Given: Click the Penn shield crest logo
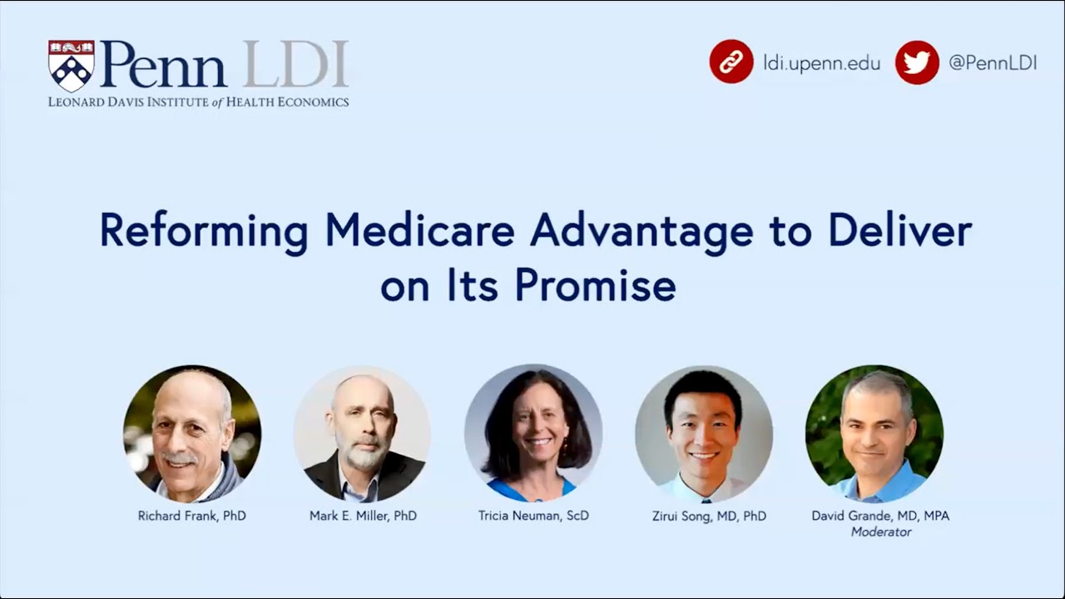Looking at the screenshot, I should (71, 66).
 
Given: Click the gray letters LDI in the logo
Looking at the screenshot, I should (295, 65).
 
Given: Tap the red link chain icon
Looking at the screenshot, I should (731, 62).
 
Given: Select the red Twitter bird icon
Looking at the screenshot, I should (917, 62).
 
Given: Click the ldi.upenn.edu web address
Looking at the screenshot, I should (821, 63).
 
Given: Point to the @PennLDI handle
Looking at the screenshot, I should (992, 63).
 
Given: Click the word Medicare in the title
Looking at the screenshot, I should (419, 231).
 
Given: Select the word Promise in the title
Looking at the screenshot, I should (595, 285).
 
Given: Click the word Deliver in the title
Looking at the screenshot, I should (902, 231).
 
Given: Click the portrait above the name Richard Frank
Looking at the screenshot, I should (192, 433).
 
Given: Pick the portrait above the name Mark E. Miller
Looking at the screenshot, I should (362, 433).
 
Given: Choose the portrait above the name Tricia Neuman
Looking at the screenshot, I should (532, 433).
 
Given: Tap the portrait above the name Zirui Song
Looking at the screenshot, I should (703, 433).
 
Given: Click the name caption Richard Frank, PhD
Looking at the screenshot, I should (192, 516).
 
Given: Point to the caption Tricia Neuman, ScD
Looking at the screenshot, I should (532, 516).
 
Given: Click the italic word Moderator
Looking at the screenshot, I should (881, 532).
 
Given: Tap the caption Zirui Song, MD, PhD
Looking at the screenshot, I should (709, 516).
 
